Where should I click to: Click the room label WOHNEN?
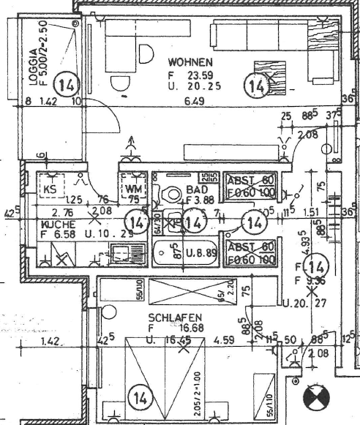(190, 61)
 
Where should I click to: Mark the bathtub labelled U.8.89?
(187, 255)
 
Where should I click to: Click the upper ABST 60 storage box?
(250, 186)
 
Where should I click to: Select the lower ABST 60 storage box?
(250, 252)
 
